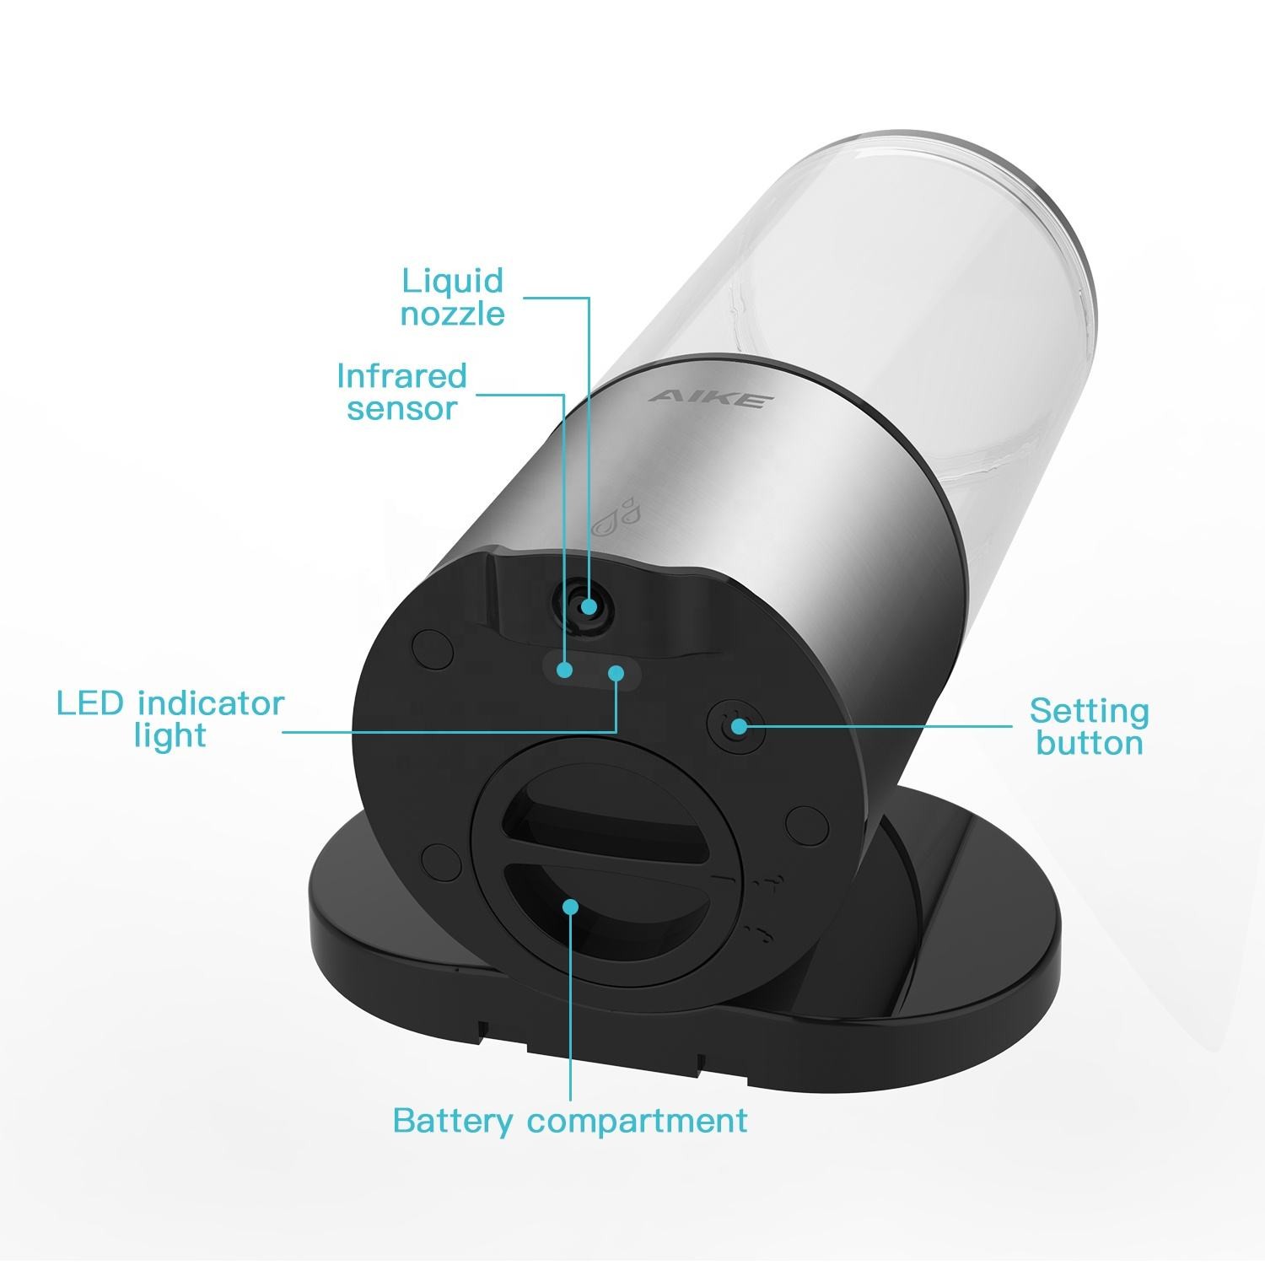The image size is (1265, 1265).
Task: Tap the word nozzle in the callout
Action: [x=452, y=314]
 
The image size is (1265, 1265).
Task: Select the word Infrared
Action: [x=401, y=375]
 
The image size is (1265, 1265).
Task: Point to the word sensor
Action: [x=401, y=408]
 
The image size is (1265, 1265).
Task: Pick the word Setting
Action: [x=1089, y=713]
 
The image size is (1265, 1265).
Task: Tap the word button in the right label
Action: [x=1090, y=743]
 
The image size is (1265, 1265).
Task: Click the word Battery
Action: [x=453, y=1122]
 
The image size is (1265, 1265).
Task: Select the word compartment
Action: [x=638, y=1122]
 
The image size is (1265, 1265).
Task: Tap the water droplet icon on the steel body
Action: [x=615, y=516]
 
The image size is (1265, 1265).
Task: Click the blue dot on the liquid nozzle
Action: [x=589, y=606]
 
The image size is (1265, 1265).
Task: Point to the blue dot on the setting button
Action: [x=739, y=725]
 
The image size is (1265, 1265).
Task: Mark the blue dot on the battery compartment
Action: [x=571, y=907]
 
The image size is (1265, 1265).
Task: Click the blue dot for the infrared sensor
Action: [x=565, y=670]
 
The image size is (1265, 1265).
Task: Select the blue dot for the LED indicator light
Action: [x=616, y=673]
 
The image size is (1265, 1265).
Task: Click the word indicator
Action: [x=211, y=702]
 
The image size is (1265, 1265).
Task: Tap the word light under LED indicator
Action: [x=170, y=735]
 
